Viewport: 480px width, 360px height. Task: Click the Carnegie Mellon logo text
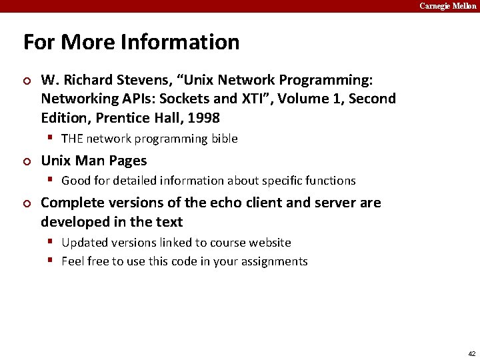point(447,6)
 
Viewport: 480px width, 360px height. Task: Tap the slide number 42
point(471,353)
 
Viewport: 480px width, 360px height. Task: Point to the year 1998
point(203,117)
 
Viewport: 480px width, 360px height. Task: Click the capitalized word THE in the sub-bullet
point(72,139)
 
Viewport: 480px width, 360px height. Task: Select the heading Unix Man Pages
point(94,161)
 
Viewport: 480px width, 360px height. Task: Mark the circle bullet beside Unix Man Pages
point(27,161)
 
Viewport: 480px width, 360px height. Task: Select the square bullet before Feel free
point(51,261)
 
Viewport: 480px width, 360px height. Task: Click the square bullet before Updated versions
point(51,242)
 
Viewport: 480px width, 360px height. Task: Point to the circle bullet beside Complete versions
point(27,203)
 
